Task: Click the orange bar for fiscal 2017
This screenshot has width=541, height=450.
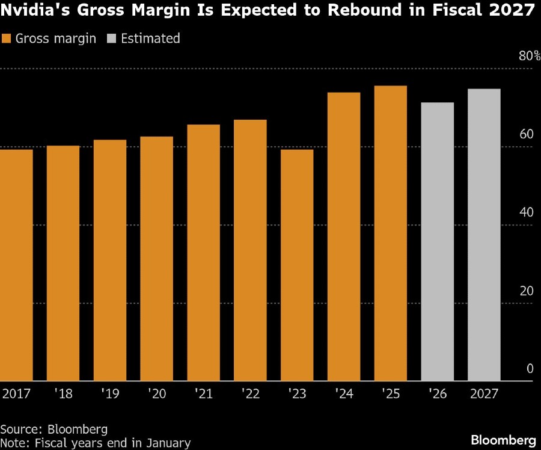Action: coord(16,265)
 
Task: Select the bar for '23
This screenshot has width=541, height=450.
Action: coord(297,265)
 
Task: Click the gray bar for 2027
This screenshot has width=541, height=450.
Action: coord(484,235)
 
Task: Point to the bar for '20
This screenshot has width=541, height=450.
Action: coord(156,259)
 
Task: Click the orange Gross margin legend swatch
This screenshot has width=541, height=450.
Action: coord(7,39)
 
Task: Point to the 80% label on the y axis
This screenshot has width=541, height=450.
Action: coord(530,56)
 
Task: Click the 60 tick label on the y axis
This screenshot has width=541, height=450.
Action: coord(527,134)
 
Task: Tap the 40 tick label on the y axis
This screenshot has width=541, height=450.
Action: coord(527,212)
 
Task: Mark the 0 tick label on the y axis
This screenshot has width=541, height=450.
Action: coord(530,369)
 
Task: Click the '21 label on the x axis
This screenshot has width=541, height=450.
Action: coord(203,395)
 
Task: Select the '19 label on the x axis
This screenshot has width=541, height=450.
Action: coord(109,395)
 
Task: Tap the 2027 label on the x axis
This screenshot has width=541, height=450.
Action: coord(484,395)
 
